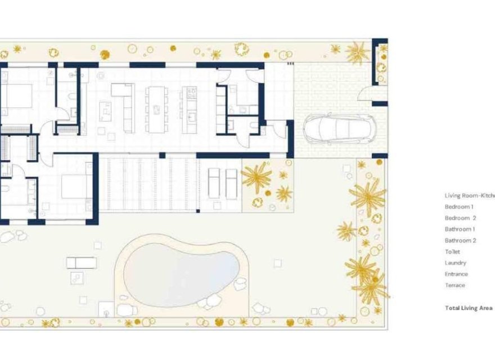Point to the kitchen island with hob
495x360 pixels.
190,109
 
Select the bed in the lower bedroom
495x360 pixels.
74,186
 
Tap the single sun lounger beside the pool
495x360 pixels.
82,262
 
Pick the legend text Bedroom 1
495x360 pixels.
459,207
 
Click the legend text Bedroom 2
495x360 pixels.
460,218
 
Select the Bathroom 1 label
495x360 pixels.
460,229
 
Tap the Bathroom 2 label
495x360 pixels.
461,241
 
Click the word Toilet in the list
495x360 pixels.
452,252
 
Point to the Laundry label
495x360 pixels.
455,263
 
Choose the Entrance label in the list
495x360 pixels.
456,274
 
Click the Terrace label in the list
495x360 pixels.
455,286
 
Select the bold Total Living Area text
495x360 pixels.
469,308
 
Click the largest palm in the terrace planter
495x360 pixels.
256,177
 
